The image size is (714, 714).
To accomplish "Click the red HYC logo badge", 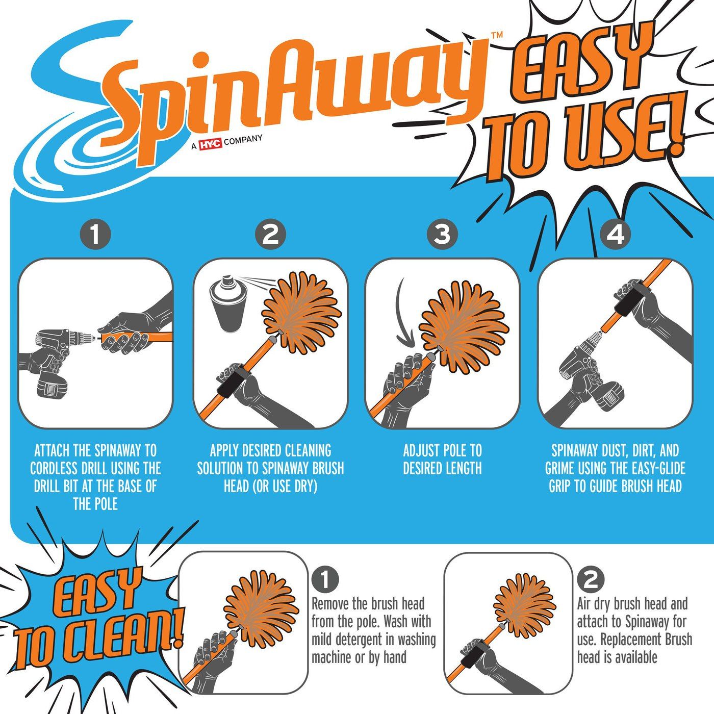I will click(210, 144).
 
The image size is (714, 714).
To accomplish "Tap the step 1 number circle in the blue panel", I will click(95, 235).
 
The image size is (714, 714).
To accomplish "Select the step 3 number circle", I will click(442, 235).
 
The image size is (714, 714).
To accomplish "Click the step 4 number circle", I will click(616, 235).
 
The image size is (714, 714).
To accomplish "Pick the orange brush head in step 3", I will click(464, 321).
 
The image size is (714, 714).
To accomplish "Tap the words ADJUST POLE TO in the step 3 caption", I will click(442, 451).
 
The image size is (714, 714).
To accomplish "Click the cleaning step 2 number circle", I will click(591, 579).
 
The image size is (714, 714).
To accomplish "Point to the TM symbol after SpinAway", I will click(496, 35).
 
